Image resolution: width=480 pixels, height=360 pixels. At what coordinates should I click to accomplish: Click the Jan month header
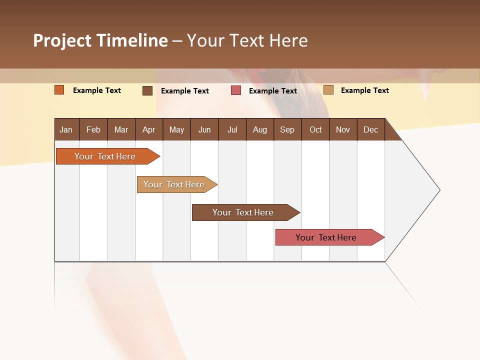coord(66,130)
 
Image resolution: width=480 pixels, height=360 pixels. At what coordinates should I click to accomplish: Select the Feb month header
coord(93,130)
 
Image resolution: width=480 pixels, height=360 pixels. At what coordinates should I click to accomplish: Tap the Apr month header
coord(148,130)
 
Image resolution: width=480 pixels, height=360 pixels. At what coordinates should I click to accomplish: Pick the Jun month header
coord(204,130)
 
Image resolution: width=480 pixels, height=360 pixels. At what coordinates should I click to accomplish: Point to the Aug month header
coord(259,130)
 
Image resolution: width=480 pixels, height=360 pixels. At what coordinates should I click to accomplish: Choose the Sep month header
coord(287,130)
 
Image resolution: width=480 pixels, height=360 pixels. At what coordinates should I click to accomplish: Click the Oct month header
coord(315,130)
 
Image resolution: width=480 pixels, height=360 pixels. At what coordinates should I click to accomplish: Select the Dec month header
coord(370,130)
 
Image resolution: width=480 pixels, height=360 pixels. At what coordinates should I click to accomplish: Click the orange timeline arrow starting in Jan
coord(105,156)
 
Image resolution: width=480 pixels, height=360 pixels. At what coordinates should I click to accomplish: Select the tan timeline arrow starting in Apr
coord(174,184)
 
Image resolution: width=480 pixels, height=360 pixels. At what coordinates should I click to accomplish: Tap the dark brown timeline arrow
coord(243,212)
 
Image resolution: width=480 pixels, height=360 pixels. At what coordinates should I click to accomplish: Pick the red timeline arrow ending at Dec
coord(326,237)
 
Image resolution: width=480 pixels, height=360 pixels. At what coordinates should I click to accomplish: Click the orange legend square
coord(59,90)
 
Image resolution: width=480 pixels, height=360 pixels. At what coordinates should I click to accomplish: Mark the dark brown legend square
coord(147,90)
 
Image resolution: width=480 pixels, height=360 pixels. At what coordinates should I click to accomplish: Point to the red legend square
coord(236,90)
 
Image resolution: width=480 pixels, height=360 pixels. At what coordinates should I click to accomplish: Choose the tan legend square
coord(328,90)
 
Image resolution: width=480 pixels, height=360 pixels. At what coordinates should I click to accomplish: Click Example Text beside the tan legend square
coord(364,90)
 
